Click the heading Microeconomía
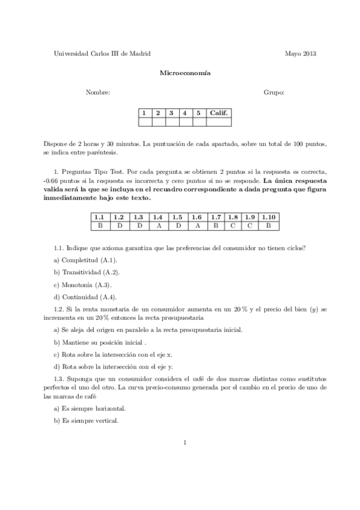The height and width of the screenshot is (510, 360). pyautogui.click(x=180, y=73)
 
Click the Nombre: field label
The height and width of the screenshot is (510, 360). pyautogui.click(x=98, y=93)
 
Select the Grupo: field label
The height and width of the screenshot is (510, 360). pyautogui.click(x=273, y=93)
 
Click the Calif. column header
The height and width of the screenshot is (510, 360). pyautogui.click(x=219, y=112)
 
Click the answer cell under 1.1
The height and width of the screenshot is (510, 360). pyautogui.click(x=99, y=226)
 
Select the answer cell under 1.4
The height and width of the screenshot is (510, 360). pyautogui.click(x=158, y=226)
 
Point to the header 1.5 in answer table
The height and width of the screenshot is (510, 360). pyautogui.click(x=177, y=217)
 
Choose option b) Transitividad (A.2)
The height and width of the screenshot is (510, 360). pyautogui.click(x=87, y=272)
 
